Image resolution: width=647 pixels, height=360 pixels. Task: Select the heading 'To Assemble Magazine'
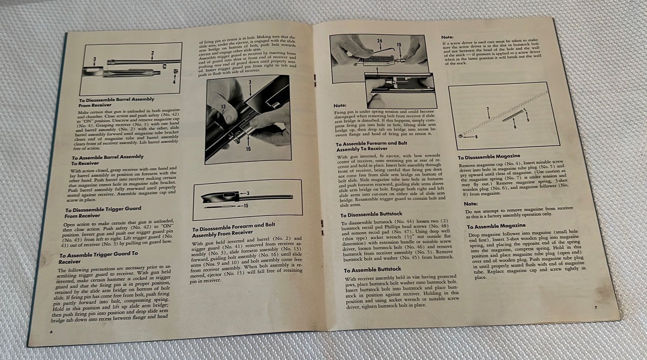pyautogui.click(x=496, y=225)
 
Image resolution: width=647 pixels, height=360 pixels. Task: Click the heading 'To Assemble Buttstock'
pyautogui.click(x=372, y=269)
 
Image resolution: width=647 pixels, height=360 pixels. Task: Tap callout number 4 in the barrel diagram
pyautogui.click(x=174, y=82)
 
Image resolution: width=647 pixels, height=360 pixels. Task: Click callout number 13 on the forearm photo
pyautogui.click(x=224, y=106)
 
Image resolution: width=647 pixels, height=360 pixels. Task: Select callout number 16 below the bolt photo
pyautogui.click(x=248, y=149)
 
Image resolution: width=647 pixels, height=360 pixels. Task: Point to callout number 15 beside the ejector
pyautogui.click(x=246, y=205)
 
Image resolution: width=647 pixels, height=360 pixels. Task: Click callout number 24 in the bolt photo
pyautogui.click(x=379, y=41)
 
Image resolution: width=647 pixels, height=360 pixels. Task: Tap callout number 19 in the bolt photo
pyautogui.click(x=399, y=45)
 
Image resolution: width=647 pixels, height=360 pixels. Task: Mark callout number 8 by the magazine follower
pyautogui.click(x=476, y=137)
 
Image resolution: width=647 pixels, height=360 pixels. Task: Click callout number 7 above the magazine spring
pyautogui.click(x=487, y=109)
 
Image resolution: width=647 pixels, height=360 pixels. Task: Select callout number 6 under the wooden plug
pyautogui.click(x=515, y=127)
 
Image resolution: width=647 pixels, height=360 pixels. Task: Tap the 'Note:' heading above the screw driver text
pyautogui.click(x=447, y=38)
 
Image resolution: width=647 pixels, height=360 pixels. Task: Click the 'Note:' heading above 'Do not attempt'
pyautogui.click(x=471, y=204)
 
